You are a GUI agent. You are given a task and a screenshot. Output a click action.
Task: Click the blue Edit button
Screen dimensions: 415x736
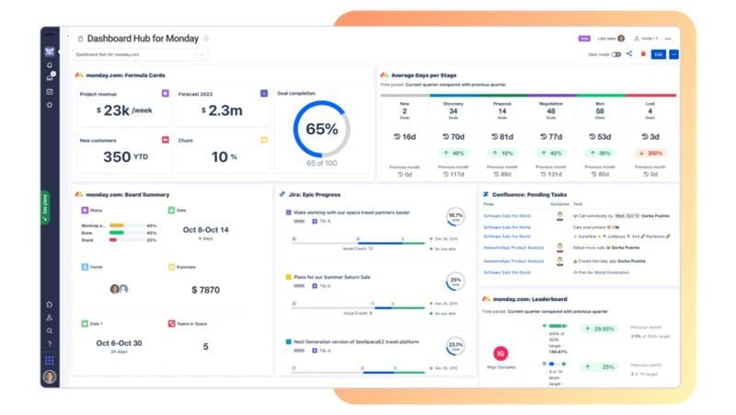pos(658,54)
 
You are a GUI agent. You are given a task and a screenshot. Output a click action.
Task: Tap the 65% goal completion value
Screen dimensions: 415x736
pos(321,130)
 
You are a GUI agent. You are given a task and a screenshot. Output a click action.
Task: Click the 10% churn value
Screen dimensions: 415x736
pos(220,156)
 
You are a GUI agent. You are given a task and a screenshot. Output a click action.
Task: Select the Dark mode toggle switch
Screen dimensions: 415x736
pos(616,54)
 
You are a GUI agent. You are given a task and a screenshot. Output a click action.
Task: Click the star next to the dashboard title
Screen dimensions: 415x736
pos(206,39)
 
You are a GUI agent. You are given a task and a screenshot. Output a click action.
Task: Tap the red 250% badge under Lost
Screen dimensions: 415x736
pos(651,153)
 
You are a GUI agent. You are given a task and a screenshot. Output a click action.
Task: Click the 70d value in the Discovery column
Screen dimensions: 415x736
pos(453,136)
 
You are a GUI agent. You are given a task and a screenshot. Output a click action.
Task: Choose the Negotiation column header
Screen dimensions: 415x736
pos(551,104)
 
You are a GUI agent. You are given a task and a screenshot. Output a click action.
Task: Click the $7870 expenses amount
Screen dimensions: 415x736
pos(205,290)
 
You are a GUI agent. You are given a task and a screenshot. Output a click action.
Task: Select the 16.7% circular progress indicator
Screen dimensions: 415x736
pos(455,217)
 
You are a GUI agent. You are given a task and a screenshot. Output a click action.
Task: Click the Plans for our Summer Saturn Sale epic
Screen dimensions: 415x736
pos(331,276)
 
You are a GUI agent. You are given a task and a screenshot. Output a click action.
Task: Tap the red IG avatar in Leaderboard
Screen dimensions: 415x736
pos(500,353)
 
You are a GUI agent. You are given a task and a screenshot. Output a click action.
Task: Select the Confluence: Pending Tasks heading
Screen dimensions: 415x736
pos(529,194)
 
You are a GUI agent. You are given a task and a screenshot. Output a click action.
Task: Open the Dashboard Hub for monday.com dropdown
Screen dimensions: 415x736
pos(140,54)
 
